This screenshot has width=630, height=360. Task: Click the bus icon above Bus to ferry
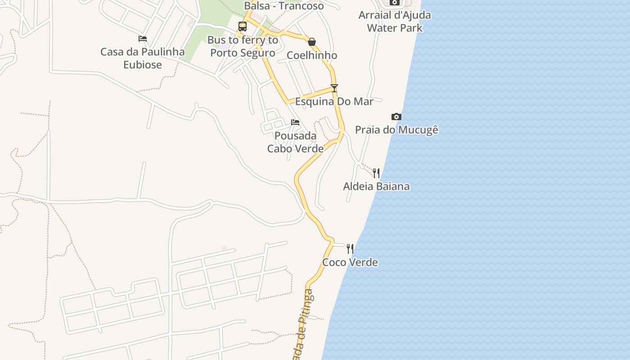tap(243, 27)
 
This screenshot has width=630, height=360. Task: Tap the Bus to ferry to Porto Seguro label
tap(243, 46)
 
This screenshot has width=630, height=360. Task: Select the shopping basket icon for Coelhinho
tap(312, 42)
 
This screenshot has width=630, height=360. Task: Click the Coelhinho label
tap(312, 55)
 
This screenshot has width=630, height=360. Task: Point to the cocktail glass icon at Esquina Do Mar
tap(334, 88)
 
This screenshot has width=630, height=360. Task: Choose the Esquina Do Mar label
tap(334, 102)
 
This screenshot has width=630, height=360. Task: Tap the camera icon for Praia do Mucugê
tap(396, 117)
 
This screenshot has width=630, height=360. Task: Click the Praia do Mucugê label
tap(396, 130)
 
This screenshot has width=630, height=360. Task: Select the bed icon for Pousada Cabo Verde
tap(295, 122)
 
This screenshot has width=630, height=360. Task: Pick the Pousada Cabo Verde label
tap(295, 142)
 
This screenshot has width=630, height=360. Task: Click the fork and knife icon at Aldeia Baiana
tap(376, 173)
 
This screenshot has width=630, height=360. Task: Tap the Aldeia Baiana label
tap(376, 186)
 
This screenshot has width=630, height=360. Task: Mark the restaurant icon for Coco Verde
tap(350, 248)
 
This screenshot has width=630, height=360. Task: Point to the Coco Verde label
tap(350, 262)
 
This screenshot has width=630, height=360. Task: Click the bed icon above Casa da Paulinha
tap(143, 39)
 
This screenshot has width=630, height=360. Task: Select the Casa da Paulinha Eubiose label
tap(143, 58)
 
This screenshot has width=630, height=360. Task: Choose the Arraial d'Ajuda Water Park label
tap(395, 21)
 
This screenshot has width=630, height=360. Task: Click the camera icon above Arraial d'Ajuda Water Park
tap(395, 2)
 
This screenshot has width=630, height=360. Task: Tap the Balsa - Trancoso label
tap(283, 6)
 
